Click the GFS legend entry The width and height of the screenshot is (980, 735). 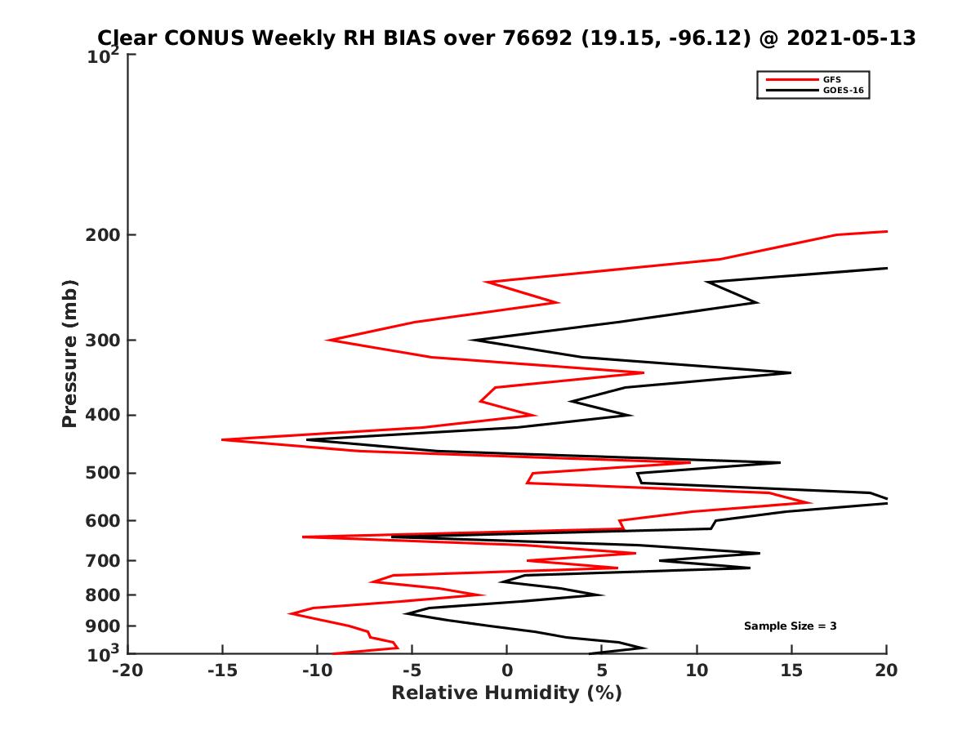coord(833,79)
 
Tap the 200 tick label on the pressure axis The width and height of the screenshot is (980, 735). coord(102,235)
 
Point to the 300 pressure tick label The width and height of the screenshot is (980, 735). coord(102,340)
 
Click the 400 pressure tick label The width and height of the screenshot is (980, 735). coord(102,415)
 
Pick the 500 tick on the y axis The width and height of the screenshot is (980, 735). coord(102,473)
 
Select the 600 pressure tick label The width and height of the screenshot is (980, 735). coord(102,520)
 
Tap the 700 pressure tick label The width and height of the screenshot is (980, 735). coord(102,560)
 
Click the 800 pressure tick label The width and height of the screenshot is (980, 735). coord(102,595)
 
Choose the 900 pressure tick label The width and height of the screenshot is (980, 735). coord(102,626)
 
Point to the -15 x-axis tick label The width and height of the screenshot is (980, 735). coord(221,670)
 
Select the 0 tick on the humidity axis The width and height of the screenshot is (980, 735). coord(507,670)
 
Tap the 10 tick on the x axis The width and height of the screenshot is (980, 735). coord(697,670)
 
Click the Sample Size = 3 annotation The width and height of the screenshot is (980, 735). coord(790,626)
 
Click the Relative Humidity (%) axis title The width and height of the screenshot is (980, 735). coord(506,693)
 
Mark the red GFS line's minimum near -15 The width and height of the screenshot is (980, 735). coord(223,439)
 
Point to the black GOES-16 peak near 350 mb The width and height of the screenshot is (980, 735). coord(790,372)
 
